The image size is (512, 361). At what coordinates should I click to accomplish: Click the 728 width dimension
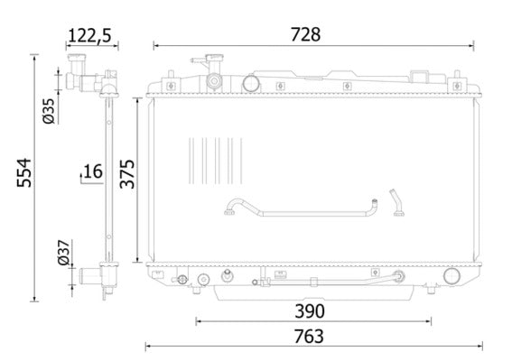(304, 34)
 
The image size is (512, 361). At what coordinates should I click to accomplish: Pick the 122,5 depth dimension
(89, 35)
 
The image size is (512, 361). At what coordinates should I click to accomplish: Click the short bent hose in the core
(396, 203)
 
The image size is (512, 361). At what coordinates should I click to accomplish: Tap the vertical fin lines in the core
(213, 161)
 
